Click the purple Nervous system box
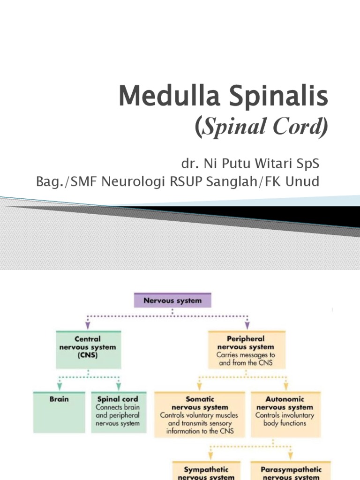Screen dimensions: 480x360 coord(172,300)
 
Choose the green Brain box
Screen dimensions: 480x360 coord(59,412)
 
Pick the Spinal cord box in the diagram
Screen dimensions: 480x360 coord(118,412)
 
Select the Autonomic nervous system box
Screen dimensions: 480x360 coord(285,412)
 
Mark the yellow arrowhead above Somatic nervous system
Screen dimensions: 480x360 coord(200,387)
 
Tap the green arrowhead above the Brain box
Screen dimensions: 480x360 coord(59,387)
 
